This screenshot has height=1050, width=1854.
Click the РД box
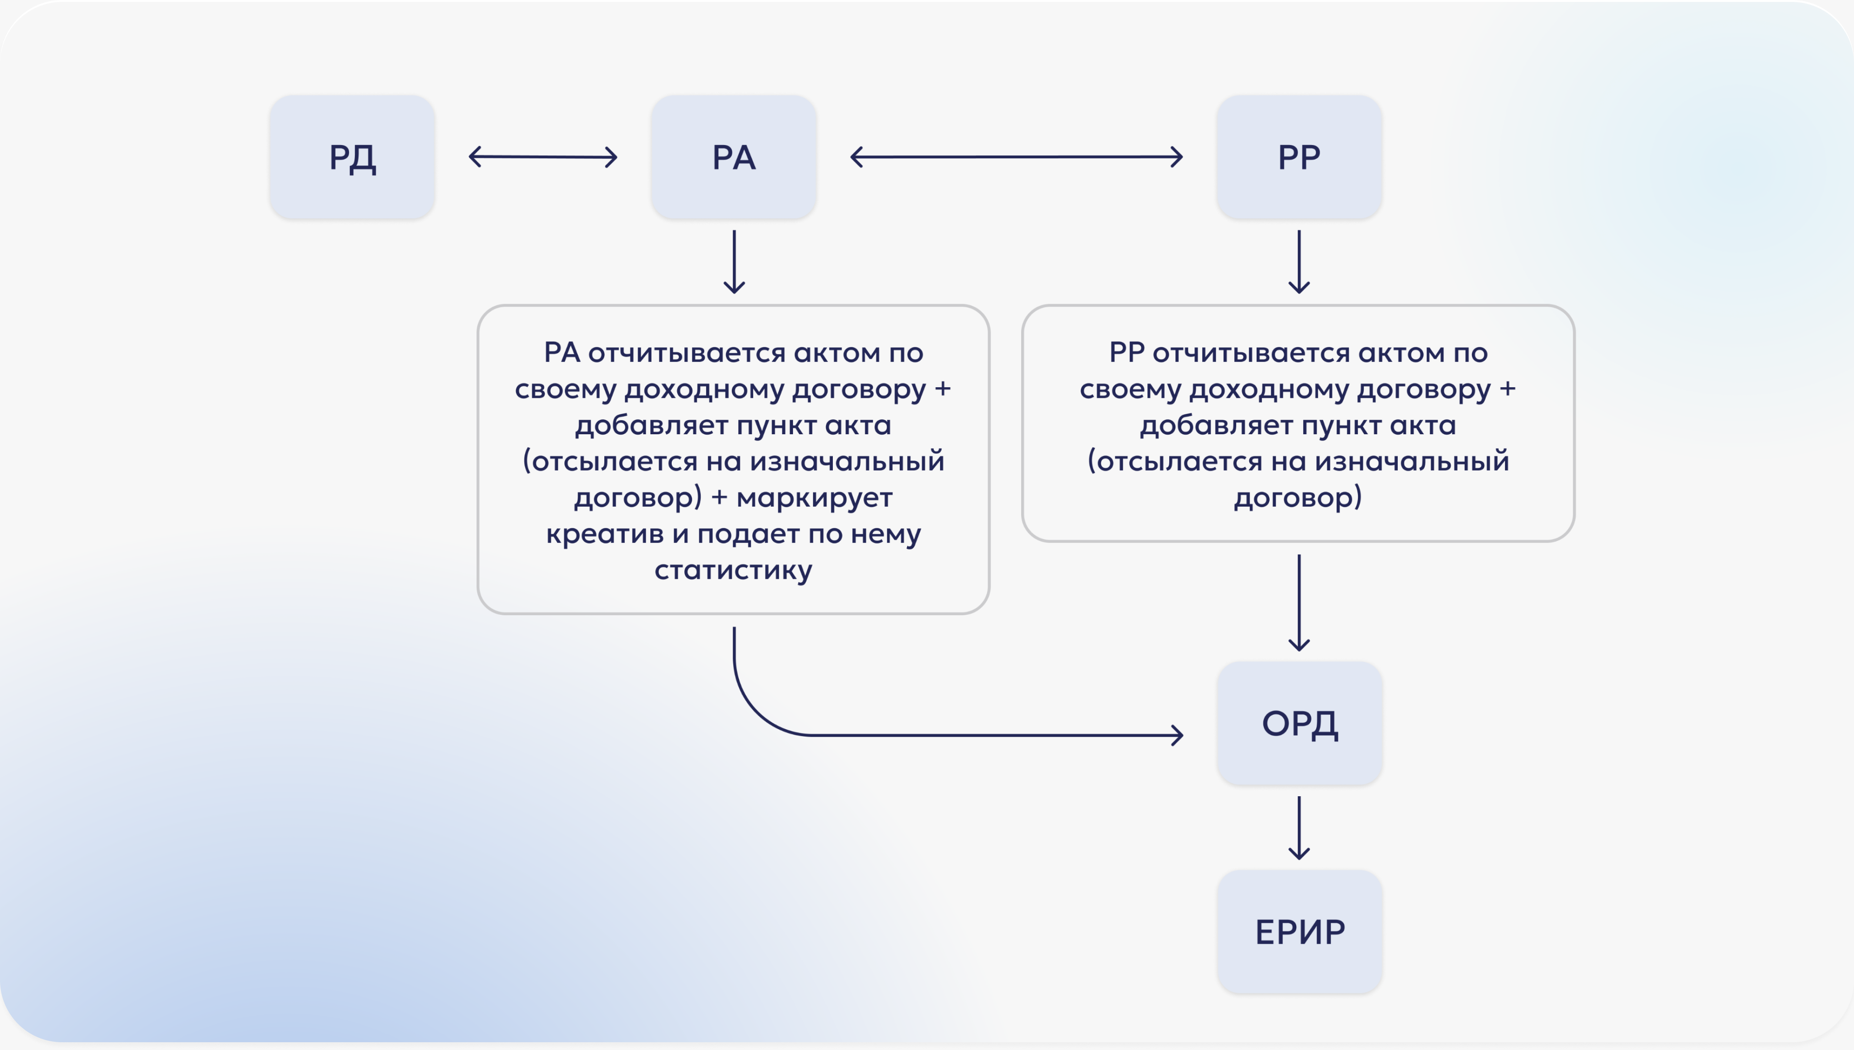pos(352,157)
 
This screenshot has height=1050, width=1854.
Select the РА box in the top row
pos(733,157)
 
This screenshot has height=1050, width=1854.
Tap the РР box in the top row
pos(1299,157)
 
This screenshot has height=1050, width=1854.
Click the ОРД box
pos(1299,723)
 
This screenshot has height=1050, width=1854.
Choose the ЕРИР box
pos(1299,932)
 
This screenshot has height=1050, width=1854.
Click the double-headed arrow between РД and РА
pos(543,157)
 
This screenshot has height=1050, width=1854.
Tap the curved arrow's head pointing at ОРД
pos(1177,736)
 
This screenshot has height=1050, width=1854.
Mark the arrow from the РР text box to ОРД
pos(1299,602)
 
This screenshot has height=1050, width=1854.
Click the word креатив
pos(604,534)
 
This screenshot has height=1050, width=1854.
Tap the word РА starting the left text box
pos(562,353)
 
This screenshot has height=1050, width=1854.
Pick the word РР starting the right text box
pos(1126,353)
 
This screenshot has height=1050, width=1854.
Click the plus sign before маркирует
pos(719,498)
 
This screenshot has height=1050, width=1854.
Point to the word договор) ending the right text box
pos(1298,498)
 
